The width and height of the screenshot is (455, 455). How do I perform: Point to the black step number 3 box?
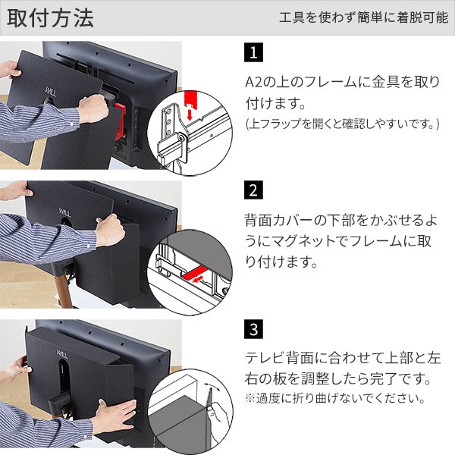[x=253, y=330]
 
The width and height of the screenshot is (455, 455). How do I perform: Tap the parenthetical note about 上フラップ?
[x=342, y=124]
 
